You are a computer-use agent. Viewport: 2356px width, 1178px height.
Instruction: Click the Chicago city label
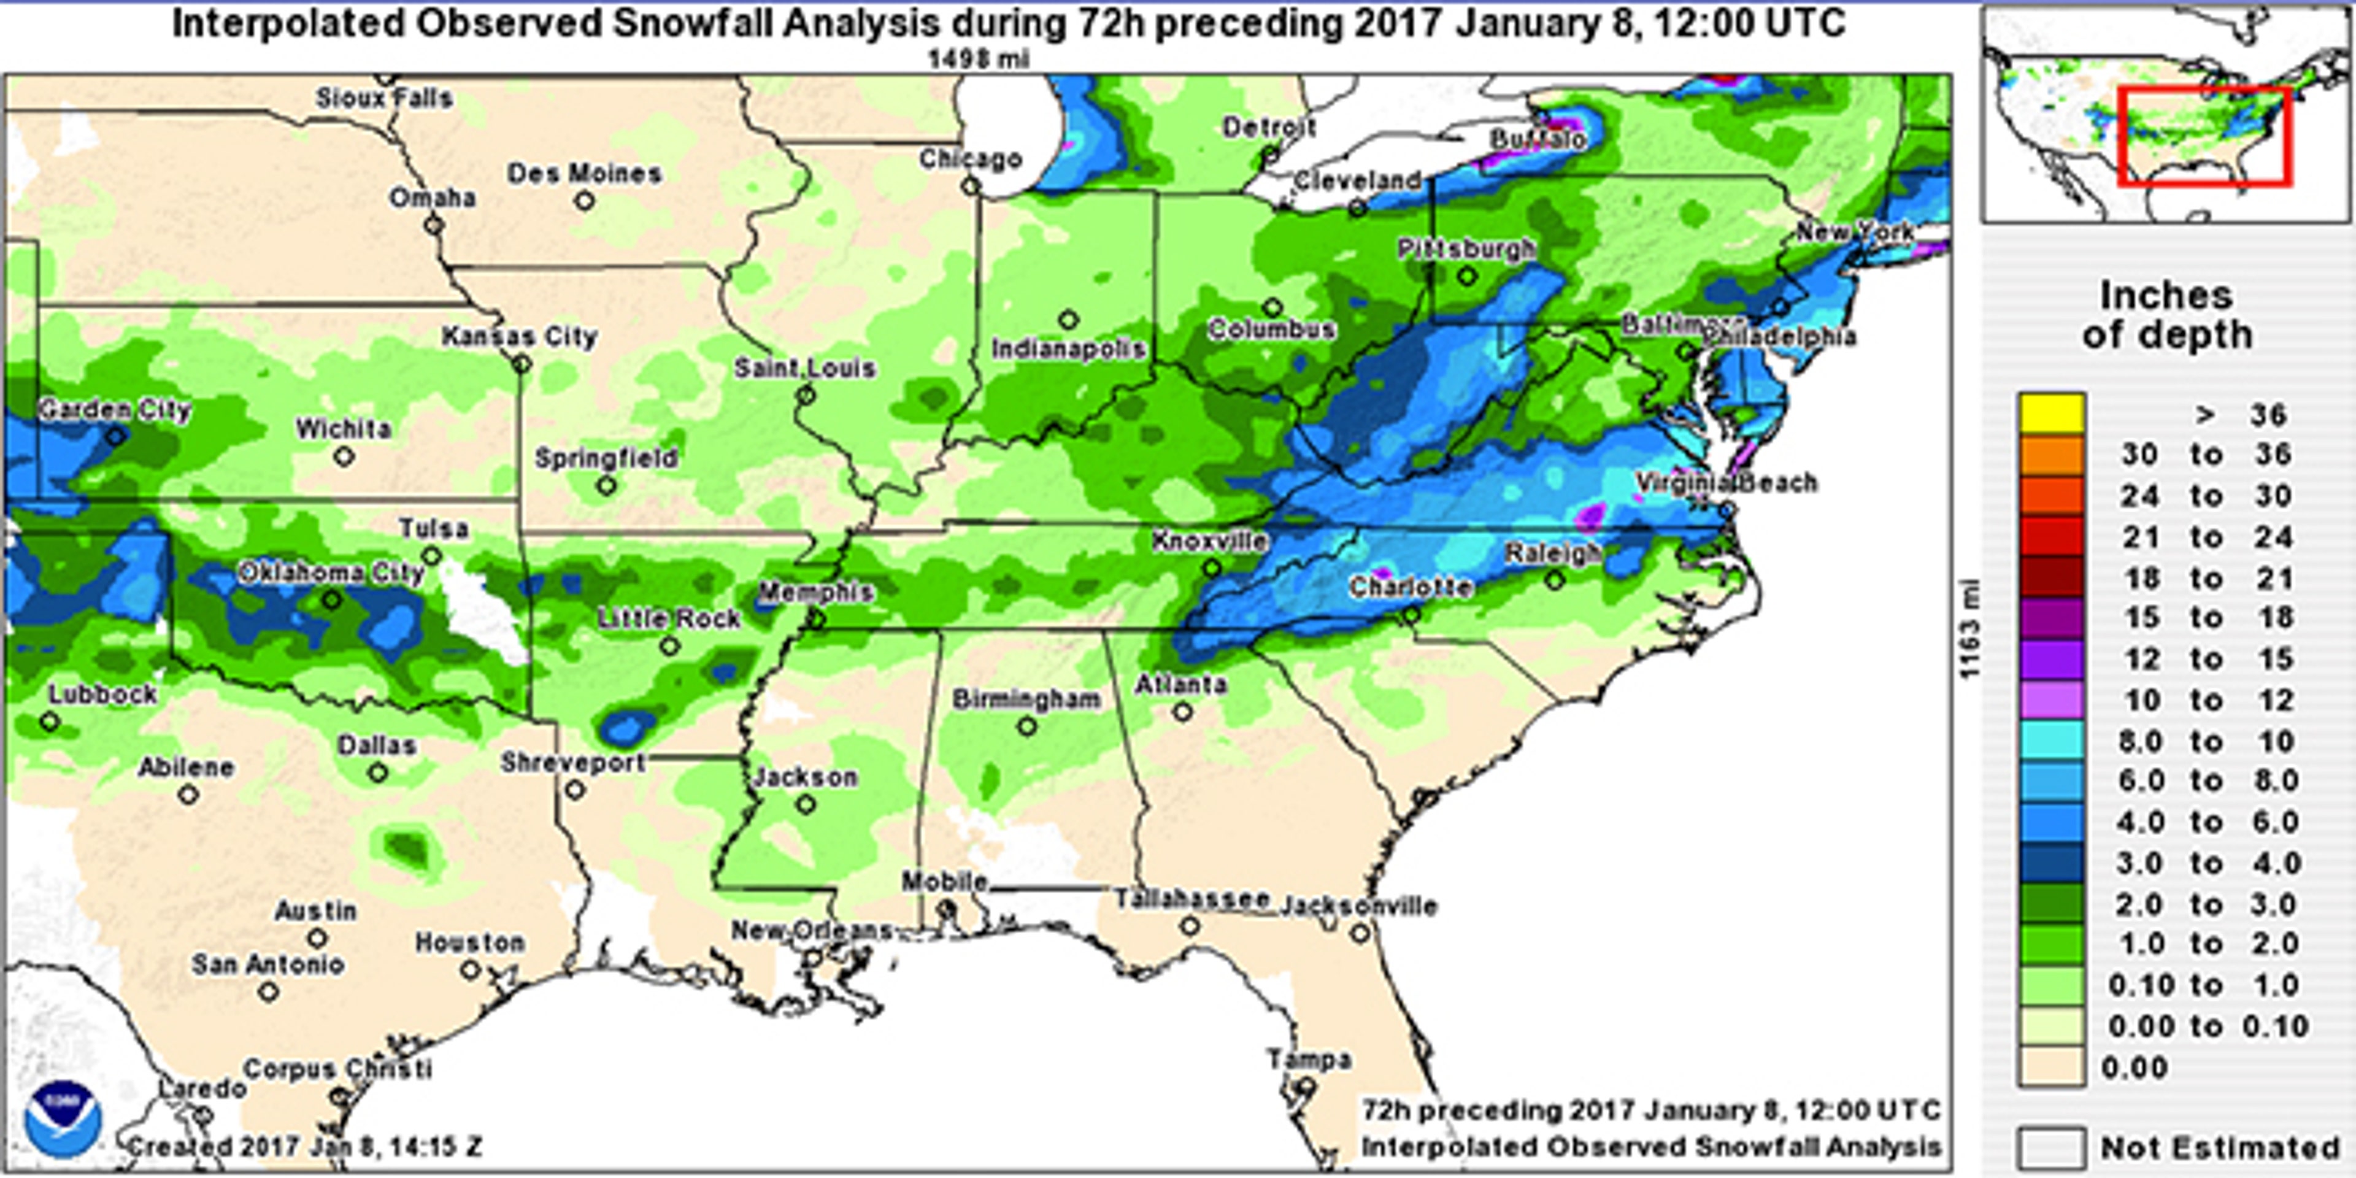(x=971, y=159)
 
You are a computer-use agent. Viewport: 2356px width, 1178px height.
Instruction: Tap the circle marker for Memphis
(x=817, y=620)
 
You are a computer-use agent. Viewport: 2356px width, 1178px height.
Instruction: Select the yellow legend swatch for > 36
(x=2052, y=414)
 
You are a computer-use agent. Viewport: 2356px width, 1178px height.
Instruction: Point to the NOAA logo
(x=63, y=1120)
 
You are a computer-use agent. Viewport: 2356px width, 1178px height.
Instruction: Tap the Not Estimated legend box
(x=2052, y=1147)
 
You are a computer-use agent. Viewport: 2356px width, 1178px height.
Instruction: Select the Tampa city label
(x=1309, y=1060)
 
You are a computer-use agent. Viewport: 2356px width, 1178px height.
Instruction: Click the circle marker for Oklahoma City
(x=332, y=601)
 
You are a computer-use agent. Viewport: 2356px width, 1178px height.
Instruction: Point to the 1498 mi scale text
(x=978, y=60)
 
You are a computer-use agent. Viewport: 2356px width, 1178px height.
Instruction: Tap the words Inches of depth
(x=2166, y=315)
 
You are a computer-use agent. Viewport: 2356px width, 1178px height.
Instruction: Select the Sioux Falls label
(x=384, y=98)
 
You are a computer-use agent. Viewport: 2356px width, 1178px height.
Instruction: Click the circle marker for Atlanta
(x=1182, y=710)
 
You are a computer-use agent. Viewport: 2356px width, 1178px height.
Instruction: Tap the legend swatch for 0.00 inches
(x=2052, y=1068)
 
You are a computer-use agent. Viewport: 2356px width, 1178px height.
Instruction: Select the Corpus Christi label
(x=337, y=1068)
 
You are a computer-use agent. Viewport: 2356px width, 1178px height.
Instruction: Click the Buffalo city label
(x=1538, y=140)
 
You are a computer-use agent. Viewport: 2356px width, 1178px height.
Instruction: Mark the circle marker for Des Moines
(x=585, y=200)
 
